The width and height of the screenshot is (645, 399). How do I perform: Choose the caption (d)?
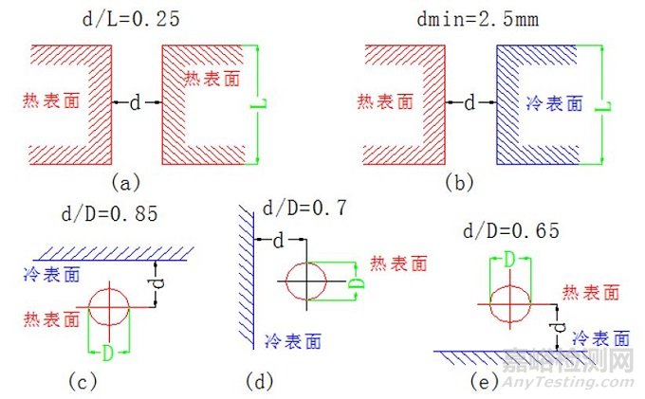tap(259, 382)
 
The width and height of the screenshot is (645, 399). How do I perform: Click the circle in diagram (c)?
tap(110, 306)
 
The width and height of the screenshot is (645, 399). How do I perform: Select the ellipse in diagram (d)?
tap(305, 281)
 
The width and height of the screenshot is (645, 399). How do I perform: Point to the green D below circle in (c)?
tap(110, 353)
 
